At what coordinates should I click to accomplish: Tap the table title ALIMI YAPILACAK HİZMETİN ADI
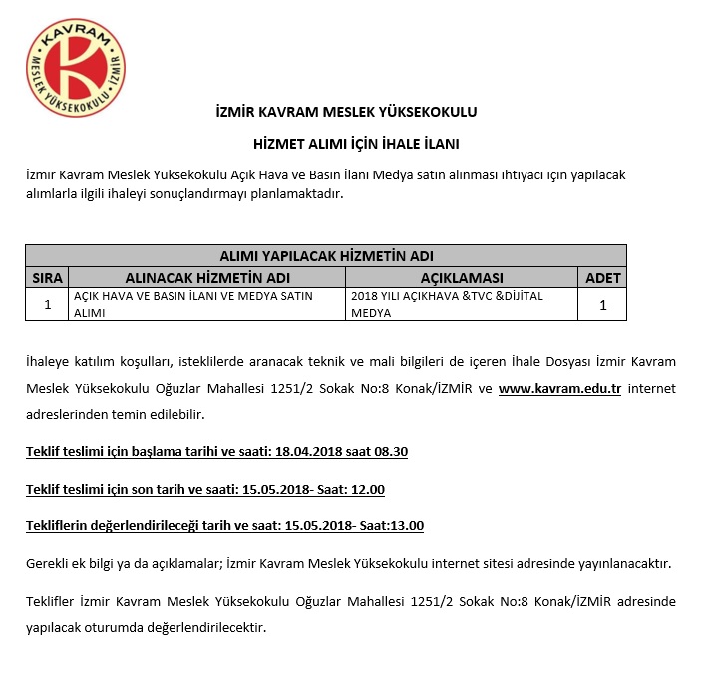point(326,256)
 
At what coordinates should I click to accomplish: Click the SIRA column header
point(48,277)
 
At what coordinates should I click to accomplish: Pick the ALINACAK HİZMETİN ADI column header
point(207,277)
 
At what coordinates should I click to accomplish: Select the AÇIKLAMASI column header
point(461,277)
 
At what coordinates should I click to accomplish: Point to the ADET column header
point(602,277)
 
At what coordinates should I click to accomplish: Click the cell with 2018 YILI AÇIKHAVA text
point(461,304)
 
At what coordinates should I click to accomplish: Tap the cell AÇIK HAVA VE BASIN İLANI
point(207,304)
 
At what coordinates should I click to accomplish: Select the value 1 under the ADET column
point(602,305)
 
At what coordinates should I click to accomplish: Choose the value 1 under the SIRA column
point(48,305)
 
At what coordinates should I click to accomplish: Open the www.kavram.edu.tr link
point(559,387)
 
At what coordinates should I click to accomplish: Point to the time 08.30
point(389,452)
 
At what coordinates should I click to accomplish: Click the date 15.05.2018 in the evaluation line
point(317,525)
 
